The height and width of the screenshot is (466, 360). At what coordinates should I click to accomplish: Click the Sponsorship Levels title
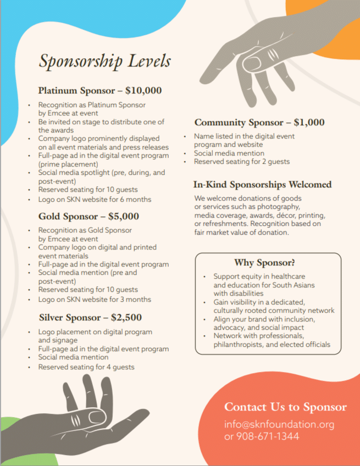click(x=104, y=60)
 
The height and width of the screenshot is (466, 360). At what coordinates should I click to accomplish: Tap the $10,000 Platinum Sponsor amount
click(x=143, y=91)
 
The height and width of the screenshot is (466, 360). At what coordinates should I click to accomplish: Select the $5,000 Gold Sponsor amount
click(x=124, y=216)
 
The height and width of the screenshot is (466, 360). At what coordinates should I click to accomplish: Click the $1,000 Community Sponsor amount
click(x=309, y=123)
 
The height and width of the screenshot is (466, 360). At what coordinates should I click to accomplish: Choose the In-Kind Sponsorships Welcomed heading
click(x=262, y=185)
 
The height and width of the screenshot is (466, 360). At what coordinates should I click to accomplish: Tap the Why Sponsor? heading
click(x=264, y=263)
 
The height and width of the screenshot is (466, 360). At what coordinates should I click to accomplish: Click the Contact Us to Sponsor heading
click(x=285, y=407)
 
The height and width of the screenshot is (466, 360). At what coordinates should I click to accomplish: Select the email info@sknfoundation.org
click(x=279, y=425)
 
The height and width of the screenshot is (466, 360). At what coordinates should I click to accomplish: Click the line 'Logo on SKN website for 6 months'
click(x=95, y=199)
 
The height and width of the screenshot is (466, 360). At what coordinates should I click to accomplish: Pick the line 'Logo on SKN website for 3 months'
click(x=95, y=299)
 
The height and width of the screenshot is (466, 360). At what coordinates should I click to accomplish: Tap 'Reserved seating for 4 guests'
click(x=86, y=367)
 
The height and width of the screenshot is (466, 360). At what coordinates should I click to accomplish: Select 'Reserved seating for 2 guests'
click(x=242, y=162)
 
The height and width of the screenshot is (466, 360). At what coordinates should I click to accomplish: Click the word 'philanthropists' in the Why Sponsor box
click(x=240, y=345)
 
